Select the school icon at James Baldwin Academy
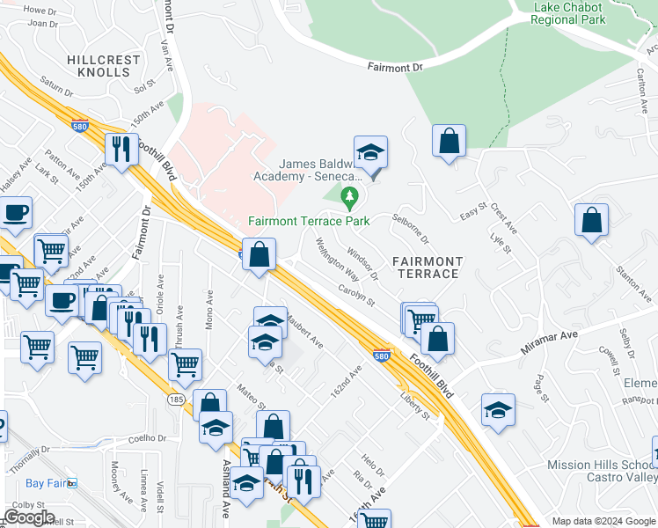tap(370, 151)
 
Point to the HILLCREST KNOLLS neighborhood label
tap(104, 65)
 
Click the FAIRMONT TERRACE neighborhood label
tap(427, 268)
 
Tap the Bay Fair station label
tap(46, 483)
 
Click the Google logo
tap(29, 517)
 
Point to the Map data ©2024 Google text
tap(603, 521)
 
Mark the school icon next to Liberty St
tap(498, 410)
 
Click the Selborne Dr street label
tap(411, 227)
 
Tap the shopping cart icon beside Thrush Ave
tap(185, 364)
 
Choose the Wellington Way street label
tap(332, 255)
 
